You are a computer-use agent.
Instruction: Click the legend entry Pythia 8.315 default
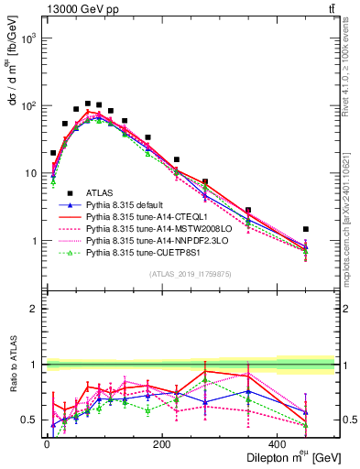click(x=129, y=207)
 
